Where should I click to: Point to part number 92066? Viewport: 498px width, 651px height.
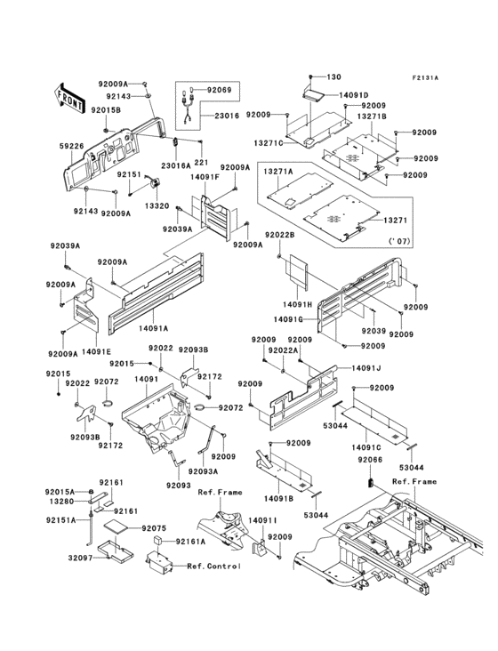[x=370, y=460]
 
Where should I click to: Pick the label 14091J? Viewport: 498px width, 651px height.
[x=341, y=367]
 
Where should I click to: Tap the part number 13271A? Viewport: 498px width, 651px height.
[x=277, y=169]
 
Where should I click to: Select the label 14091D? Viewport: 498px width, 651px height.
[x=352, y=94]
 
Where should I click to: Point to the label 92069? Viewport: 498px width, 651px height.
[x=219, y=91]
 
